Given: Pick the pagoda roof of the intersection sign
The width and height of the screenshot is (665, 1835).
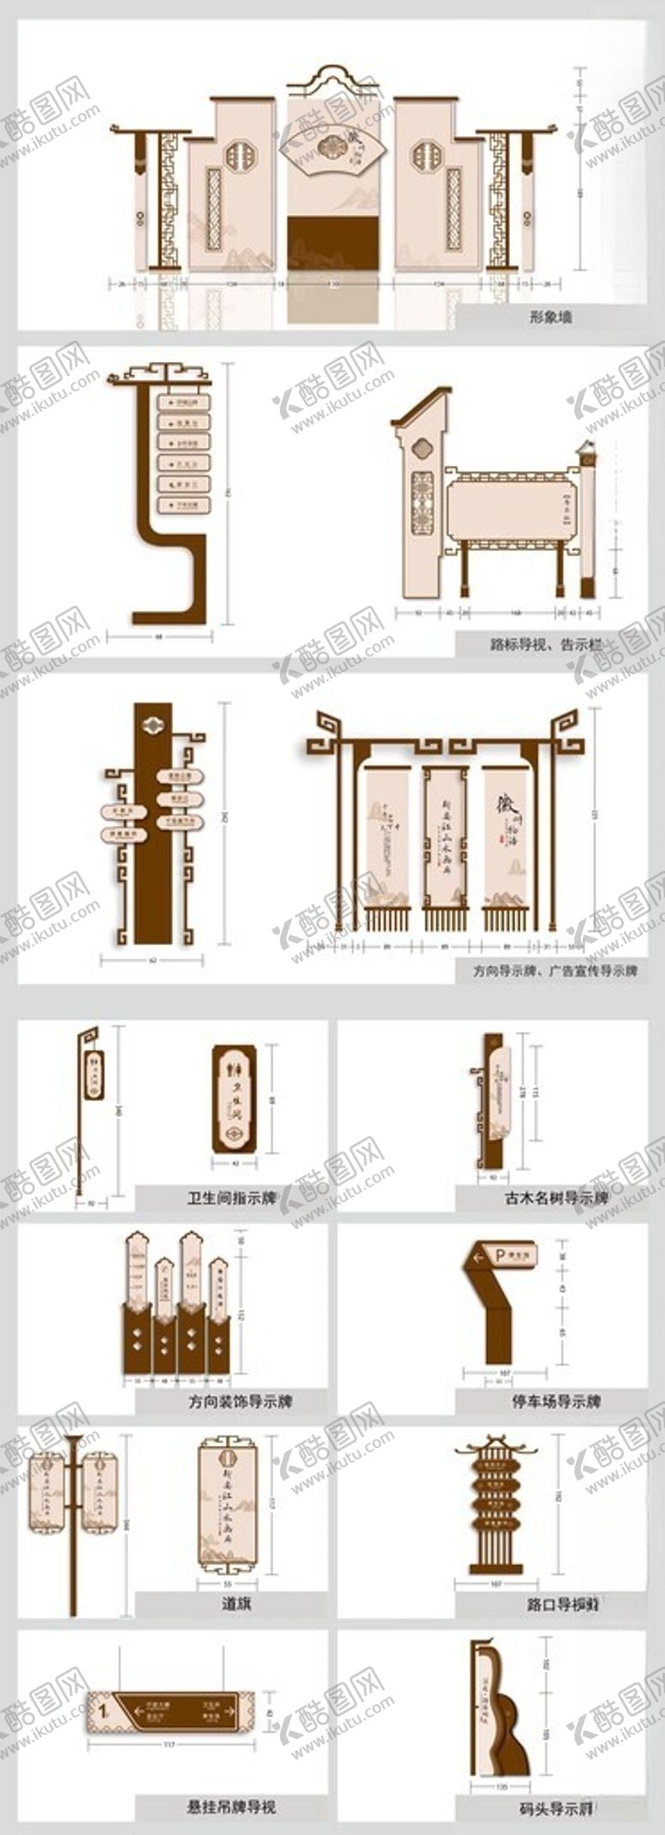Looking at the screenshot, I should [498, 1451].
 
